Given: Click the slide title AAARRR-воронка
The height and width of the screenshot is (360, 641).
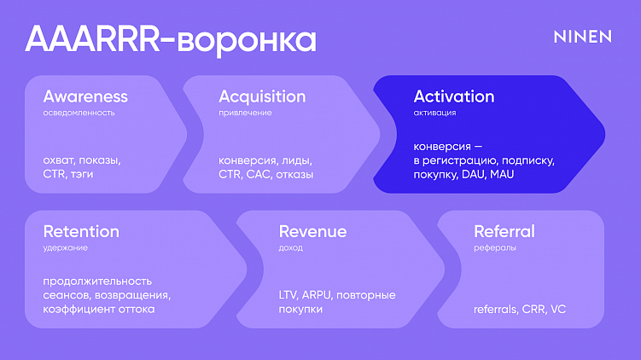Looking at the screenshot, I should (x=171, y=39).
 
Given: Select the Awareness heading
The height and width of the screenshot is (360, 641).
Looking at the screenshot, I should (x=85, y=96).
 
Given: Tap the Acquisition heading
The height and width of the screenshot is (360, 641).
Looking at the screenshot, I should (x=262, y=96).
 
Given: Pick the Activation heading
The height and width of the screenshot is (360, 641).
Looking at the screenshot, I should (x=454, y=96).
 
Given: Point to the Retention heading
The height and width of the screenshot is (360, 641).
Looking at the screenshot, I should (x=81, y=231).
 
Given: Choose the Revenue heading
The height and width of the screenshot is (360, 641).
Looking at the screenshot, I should (x=312, y=231).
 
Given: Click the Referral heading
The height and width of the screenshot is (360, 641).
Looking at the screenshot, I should (x=504, y=231).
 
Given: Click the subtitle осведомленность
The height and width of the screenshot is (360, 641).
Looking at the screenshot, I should (x=79, y=113).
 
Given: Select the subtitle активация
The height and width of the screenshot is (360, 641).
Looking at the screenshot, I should (x=434, y=113).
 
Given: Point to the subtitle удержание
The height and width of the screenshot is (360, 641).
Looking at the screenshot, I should (x=65, y=247).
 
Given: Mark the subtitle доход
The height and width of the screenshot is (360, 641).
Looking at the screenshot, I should (x=290, y=247).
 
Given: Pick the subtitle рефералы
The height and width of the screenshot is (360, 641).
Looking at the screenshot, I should (x=495, y=247).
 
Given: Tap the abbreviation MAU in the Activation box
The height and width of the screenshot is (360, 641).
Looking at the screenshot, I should (x=502, y=174).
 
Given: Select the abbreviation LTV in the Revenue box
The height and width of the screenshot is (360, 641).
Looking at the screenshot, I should (x=288, y=295).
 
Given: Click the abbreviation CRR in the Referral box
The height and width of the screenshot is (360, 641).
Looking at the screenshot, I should (x=533, y=309).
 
